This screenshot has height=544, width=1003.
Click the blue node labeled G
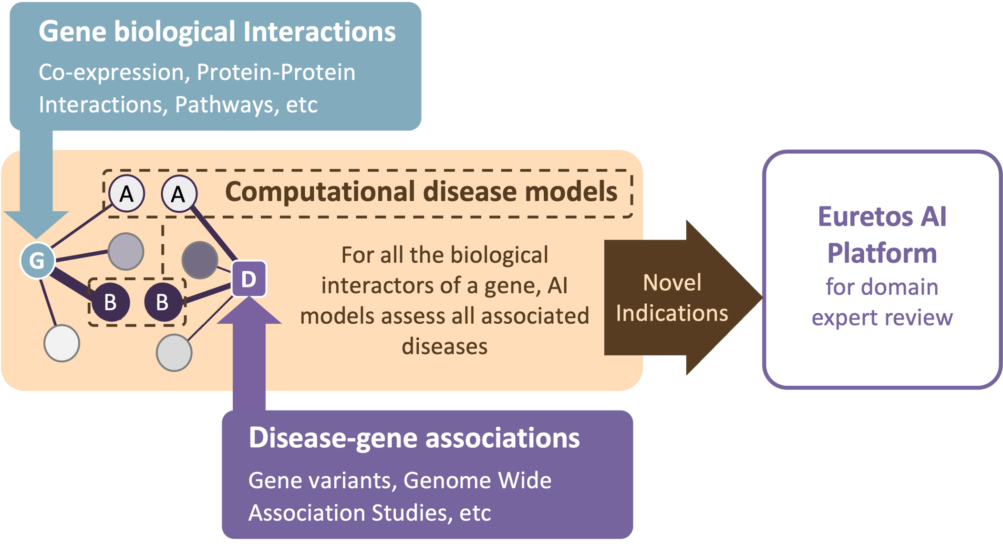[x=37, y=260]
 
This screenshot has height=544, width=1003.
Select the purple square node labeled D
[x=249, y=279]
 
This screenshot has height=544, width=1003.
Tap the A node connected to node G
[x=126, y=194]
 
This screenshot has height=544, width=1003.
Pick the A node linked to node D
[x=178, y=194]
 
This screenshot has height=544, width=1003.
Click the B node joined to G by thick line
[x=110, y=302]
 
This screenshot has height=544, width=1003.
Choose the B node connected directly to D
[x=163, y=302]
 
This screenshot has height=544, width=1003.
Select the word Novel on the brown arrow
[x=672, y=283]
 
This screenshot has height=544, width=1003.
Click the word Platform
[x=882, y=253]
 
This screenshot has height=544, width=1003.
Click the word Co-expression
[x=111, y=72]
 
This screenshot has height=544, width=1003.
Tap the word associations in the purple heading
[x=502, y=438]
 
